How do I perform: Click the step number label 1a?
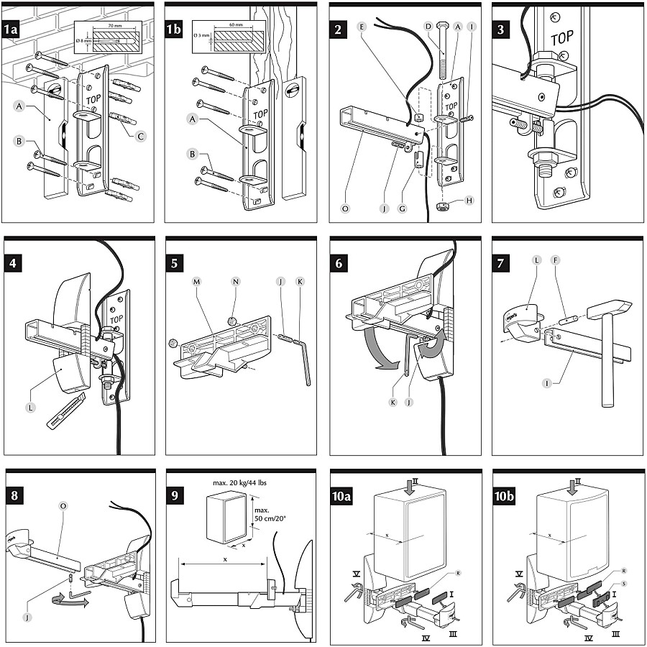coord(12,29)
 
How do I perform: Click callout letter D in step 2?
coord(428,27)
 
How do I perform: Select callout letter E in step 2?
coord(361,27)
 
